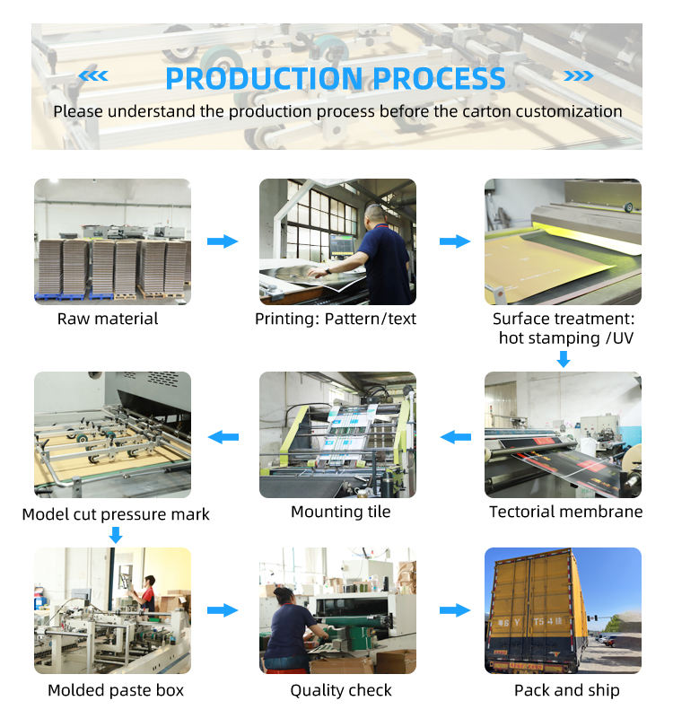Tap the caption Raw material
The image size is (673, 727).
[x=108, y=319]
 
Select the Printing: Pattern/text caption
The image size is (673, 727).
[x=336, y=319]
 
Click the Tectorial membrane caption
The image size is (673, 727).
[x=565, y=512]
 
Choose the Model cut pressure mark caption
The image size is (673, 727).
[x=116, y=514]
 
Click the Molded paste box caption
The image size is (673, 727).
[x=115, y=690]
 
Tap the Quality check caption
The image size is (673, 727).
[x=340, y=690]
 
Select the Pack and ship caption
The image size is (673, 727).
[x=566, y=690]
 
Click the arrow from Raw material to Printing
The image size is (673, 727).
[x=223, y=241]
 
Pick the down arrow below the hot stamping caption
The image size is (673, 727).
[x=564, y=359]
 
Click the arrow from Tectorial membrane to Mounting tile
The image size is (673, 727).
[x=456, y=437]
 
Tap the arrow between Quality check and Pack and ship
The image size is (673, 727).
[x=455, y=610]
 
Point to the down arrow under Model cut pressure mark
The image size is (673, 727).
[x=115, y=536]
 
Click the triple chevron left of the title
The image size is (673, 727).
[x=93, y=76]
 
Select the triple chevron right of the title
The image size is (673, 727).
[x=578, y=76]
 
